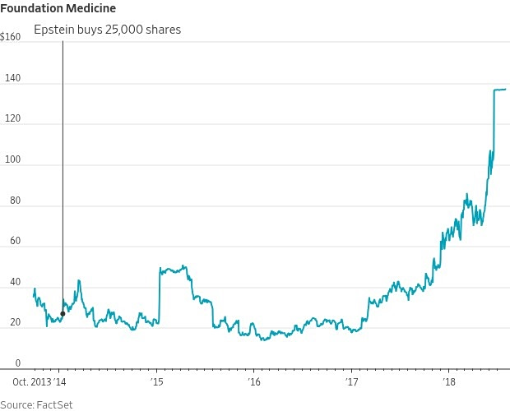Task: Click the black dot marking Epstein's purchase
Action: (x=63, y=313)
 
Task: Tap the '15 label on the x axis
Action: (x=157, y=382)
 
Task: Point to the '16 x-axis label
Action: (x=254, y=382)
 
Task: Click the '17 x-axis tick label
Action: (x=351, y=382)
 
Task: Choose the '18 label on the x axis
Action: (x=449, y=382)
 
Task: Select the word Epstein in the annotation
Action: (x=53, y=30)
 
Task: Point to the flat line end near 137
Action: (x=505, y=89)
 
